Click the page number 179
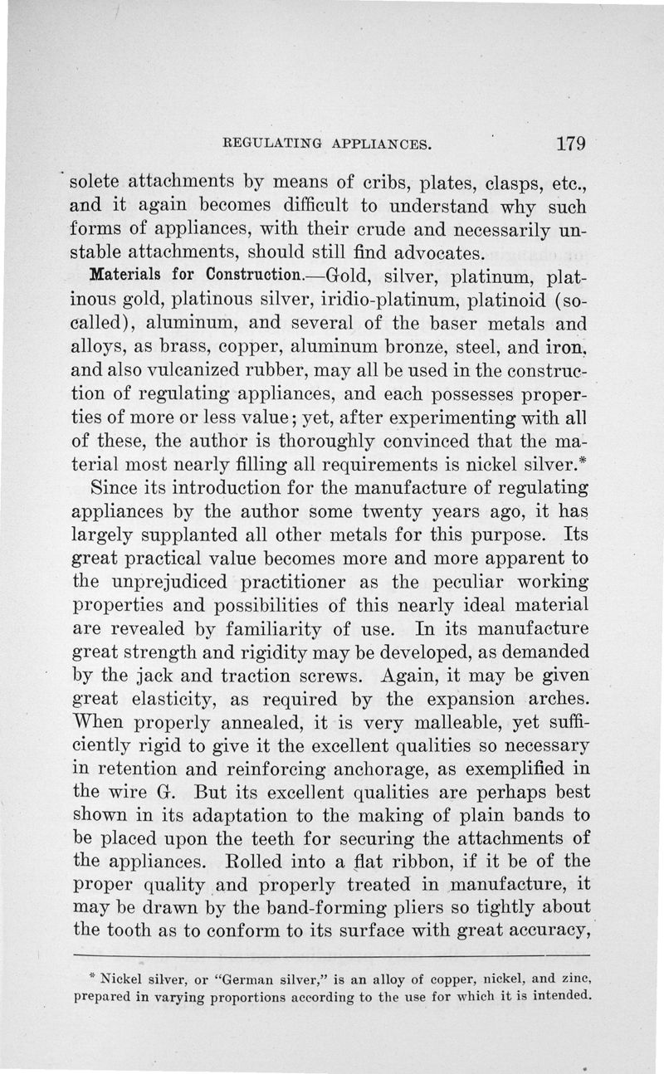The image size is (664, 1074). pyautogui.click(x=572, y=143)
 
